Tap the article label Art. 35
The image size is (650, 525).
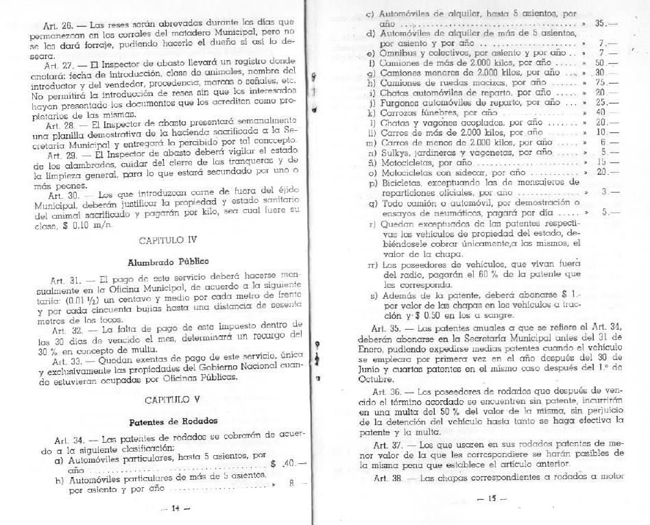point(375,328)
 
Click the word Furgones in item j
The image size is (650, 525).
point(401,101)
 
